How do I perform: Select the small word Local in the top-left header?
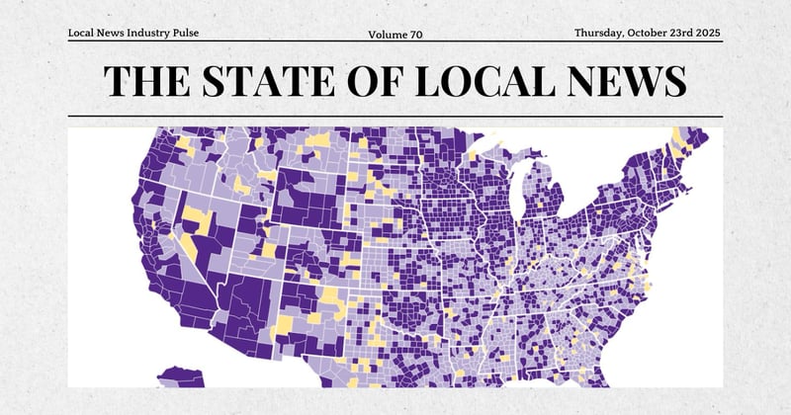[x=80, y=33]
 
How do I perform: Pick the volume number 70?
[x=415, y=35]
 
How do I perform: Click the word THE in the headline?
[x=146, y=80]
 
